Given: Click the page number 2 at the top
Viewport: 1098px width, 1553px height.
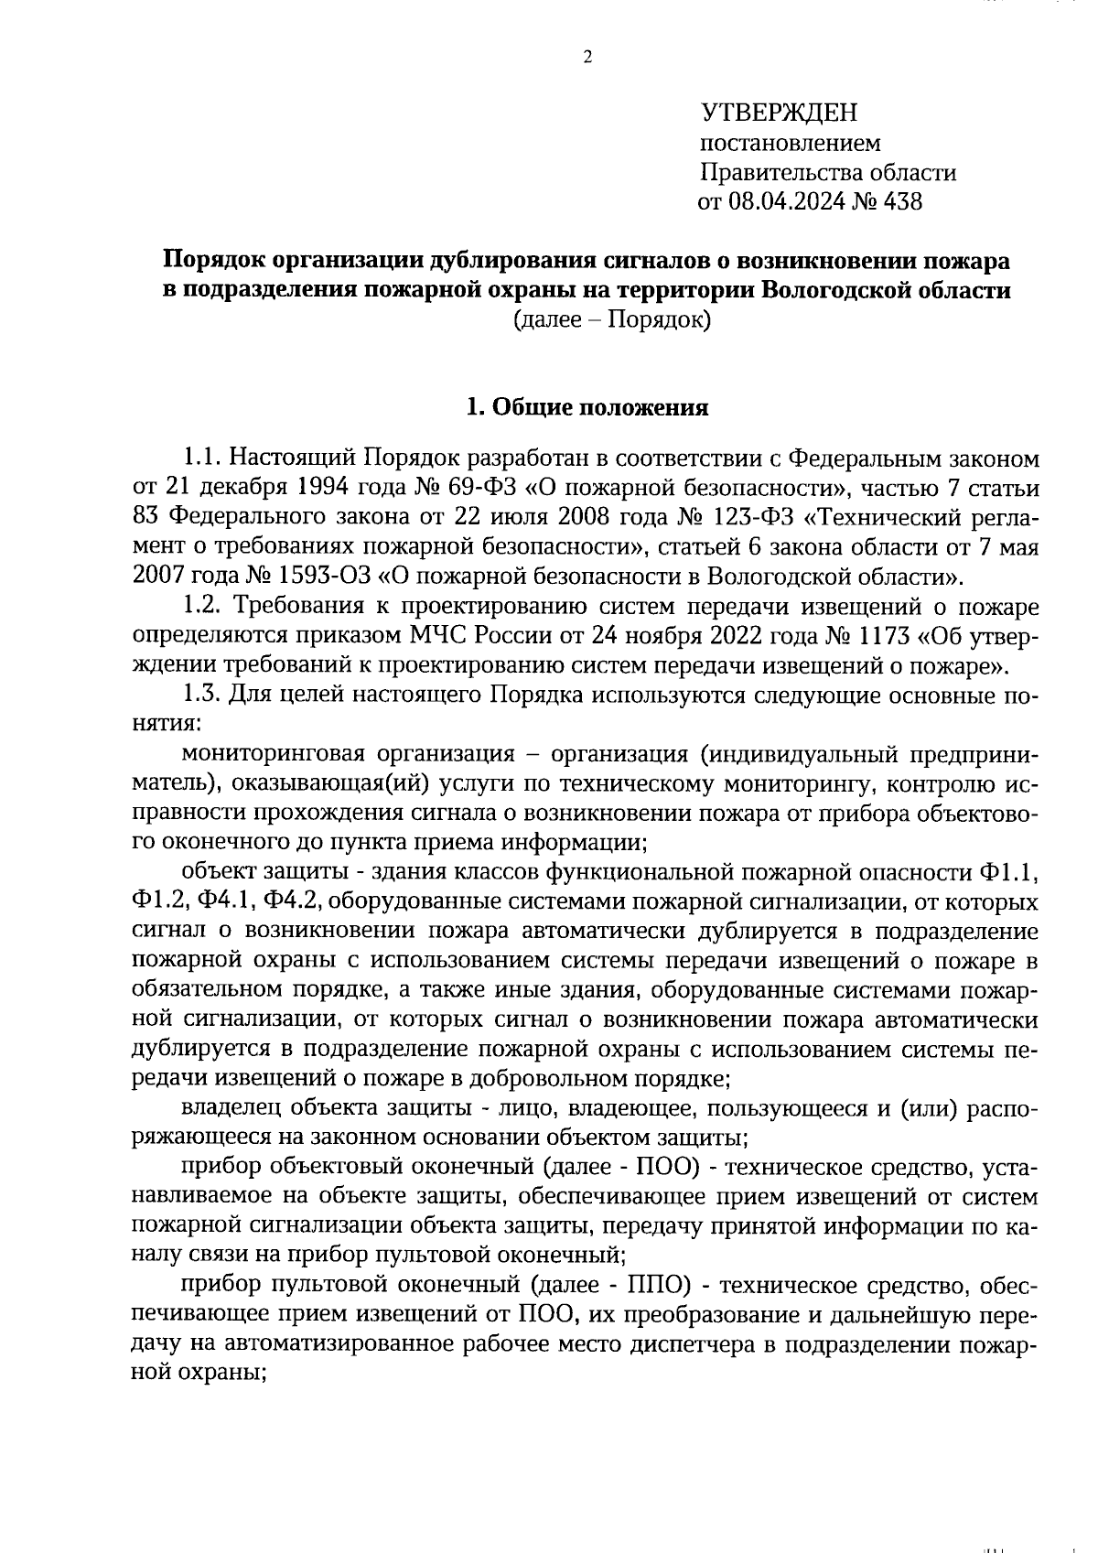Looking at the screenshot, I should pyautogui.click(x=587, y=57).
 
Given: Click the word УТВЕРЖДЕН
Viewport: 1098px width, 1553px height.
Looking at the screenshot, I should pyautogui.click(x=780, y=113).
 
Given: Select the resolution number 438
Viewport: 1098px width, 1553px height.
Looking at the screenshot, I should pyautogui.click(x=900, y=201).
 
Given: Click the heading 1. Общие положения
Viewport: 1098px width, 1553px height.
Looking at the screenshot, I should pyautogui.click(x=587, y=407).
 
